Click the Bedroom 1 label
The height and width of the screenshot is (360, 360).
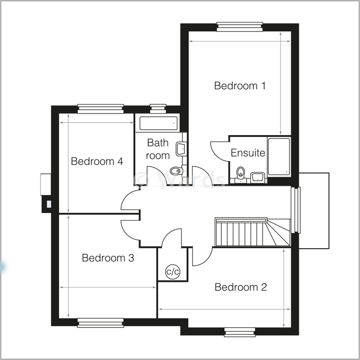(x=240, y=86)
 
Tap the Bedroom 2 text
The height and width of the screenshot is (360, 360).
(x=240, y=287)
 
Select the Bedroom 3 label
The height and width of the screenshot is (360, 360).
(x=108, y=258)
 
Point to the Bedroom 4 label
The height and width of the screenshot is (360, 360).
(x=97, y=161)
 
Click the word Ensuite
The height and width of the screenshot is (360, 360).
(x=248, y=153)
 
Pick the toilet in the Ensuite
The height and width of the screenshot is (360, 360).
(x=240, y=173)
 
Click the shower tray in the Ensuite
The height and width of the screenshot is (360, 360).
(x=279, y=157)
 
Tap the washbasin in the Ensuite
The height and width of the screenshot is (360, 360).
(x=257, y=177)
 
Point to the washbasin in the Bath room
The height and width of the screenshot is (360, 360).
(x=181, y=149)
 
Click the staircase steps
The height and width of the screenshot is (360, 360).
(x=245, y=234)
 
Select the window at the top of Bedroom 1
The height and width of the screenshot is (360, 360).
(x=239, y=27)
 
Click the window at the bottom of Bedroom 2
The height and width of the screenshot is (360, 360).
(x=239, y=332)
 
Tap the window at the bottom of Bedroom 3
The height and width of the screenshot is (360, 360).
(x=100, y=323)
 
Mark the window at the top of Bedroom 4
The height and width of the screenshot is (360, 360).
(x=100, y=109)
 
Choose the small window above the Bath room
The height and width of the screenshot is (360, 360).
(x=158, y=109)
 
